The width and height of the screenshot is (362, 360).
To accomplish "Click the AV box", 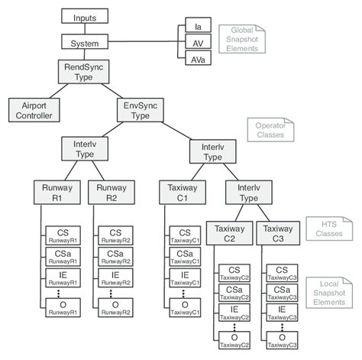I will [197, 43].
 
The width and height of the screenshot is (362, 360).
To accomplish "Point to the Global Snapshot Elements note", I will [241, 37].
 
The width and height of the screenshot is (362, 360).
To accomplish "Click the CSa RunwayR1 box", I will [62, 258].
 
